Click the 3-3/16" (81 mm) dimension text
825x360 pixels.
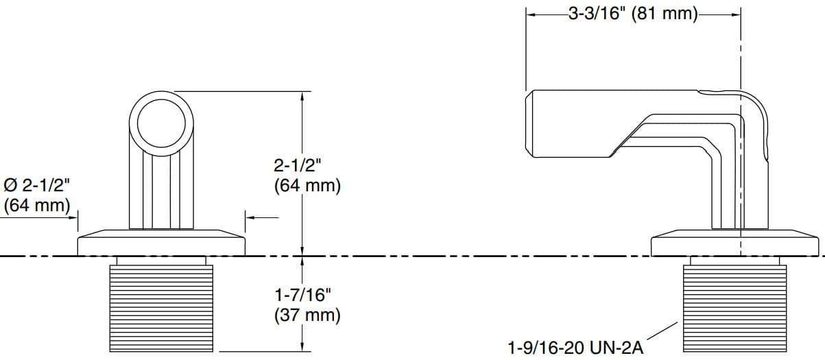pos(632,14)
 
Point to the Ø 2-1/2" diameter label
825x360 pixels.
pos(37,185)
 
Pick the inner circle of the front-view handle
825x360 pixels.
pos(162,124)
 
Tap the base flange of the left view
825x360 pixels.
pos(161,244)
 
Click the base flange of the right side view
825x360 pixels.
pos(734,245)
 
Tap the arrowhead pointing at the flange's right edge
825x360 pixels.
pos(250,218)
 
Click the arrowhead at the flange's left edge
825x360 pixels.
pos(73,218)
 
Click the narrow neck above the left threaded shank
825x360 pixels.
pos(161,261)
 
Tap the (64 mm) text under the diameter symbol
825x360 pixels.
pos(37,204)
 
